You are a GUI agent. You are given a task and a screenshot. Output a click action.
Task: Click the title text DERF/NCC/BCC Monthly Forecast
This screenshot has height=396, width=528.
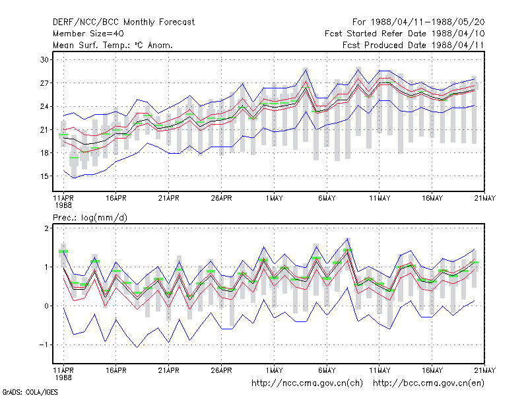tap(123, 22)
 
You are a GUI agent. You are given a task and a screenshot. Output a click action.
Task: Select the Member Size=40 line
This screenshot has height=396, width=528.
tap(88, 34)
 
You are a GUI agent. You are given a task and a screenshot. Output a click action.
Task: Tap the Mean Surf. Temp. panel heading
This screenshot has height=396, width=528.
tap(112, 45)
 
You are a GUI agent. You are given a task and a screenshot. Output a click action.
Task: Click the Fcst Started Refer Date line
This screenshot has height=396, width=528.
tap(405, 34)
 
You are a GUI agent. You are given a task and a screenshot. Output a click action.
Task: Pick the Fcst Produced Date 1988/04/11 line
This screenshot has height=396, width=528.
tap(413, 45)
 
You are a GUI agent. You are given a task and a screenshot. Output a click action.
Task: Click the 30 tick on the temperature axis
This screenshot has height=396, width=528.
tap(44, 60)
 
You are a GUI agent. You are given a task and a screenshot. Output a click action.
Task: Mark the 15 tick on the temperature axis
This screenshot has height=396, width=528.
tap(44, 176)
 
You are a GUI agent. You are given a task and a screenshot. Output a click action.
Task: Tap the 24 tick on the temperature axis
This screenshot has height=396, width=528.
tap(44, 106)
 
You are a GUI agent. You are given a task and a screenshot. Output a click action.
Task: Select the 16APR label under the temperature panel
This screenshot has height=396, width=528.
tap(116, 198)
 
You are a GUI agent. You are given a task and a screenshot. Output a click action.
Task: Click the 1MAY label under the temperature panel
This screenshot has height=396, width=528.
tap(274, 198)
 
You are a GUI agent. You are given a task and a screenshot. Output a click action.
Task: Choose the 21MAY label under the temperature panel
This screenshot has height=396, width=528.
tap(485, 198)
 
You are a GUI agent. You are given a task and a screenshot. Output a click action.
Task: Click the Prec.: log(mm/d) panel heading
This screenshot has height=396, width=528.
tap(90, 218)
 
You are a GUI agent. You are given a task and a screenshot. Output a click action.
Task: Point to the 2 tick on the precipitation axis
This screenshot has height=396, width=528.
tap(46, 228)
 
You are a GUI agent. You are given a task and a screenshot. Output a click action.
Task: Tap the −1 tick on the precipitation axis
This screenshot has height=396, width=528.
tap(44, 345)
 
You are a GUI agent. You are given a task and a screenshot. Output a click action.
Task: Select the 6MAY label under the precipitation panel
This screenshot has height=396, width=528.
tap(327, 370)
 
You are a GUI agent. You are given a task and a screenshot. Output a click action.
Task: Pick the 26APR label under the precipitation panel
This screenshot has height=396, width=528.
tap(221, 370)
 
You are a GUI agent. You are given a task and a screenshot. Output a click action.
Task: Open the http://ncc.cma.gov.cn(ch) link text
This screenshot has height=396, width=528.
tap(307, 383)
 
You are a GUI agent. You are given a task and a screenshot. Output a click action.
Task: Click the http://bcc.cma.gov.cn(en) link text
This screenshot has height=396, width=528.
tap(428, 383)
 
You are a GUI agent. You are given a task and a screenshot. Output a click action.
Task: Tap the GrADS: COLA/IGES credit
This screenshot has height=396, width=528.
tap(30, 392)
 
